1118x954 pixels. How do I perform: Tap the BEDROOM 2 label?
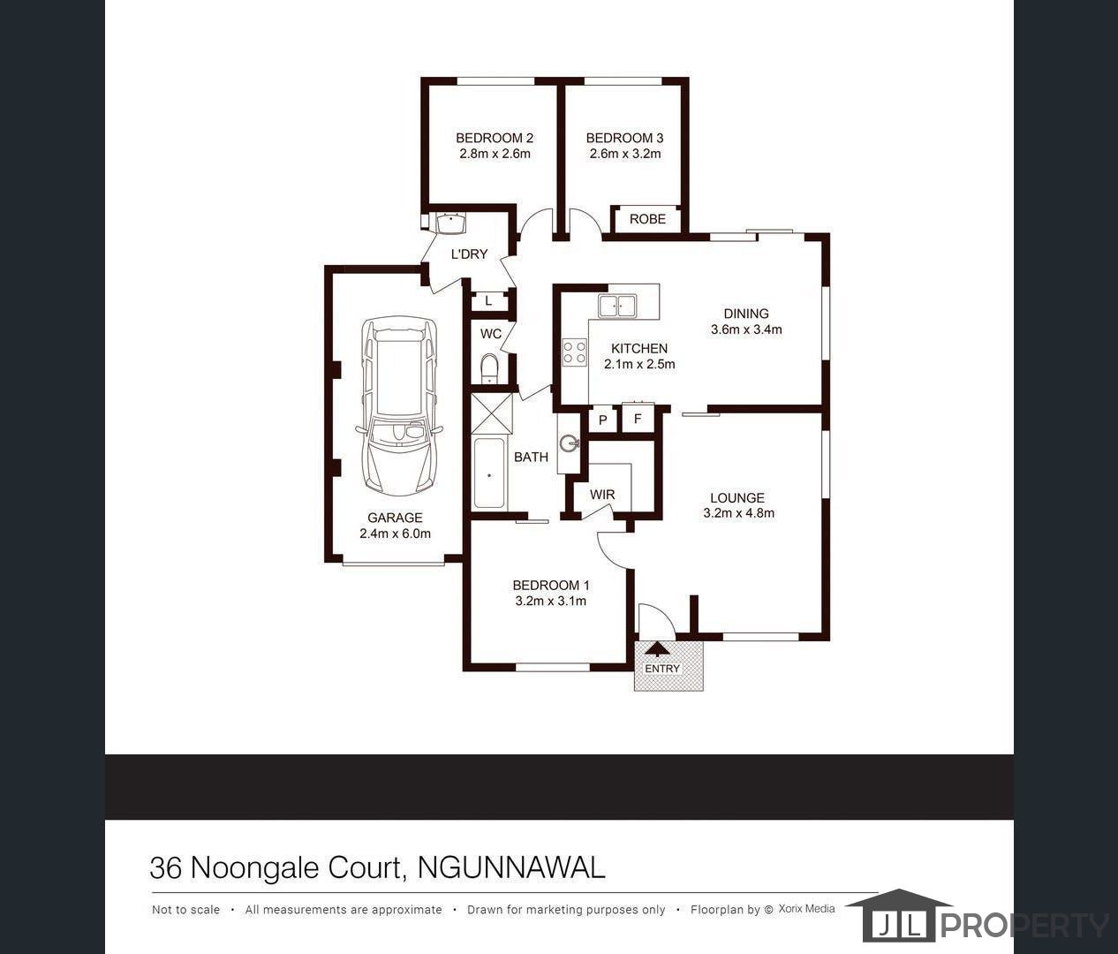click(495, 138)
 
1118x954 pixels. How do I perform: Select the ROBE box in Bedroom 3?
click(647, 219)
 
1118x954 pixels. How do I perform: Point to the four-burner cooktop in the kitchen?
click(575, 352)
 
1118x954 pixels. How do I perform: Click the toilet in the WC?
click(489, 367)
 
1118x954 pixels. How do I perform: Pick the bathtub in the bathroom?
click(488, 474)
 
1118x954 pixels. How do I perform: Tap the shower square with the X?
click(491, 413)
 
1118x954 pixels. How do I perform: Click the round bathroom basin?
click(569, 443)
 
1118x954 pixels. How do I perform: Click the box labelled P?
click(603, 420)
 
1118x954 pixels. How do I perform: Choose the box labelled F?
click(638, 419)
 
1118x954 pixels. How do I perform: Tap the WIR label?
click(602, 495)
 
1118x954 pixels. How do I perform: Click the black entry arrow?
click(658, 648)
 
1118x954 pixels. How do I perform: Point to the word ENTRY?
click(662, 669)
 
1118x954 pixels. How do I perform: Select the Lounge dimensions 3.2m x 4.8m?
click(738, 513)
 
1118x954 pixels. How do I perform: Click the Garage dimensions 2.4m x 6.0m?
click(395, 534)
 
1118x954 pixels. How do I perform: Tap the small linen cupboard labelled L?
click(488, 302)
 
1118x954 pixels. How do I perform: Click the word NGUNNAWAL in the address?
click(511, 867)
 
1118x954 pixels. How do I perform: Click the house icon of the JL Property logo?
click(897, 915)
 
